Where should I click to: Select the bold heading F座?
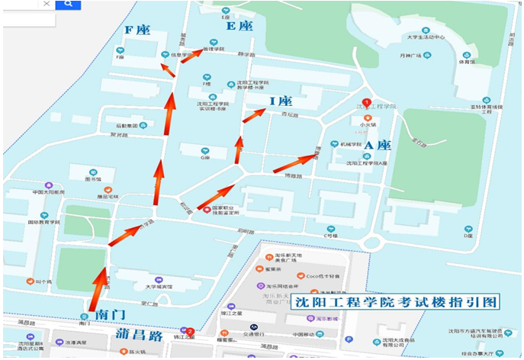tap(137, 30)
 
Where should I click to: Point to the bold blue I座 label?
tap(281, 101)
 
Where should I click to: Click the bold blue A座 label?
tap(377, 145)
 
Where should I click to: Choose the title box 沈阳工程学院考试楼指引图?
tap(397, 302)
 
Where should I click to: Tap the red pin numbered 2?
tap(190, 332)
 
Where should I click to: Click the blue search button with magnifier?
tap(68, 5)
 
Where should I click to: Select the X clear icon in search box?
tap(47, 4)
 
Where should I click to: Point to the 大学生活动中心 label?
tap(425, 36)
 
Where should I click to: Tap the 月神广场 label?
tap(415, 56)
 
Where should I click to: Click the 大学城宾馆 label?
tap(159, 287)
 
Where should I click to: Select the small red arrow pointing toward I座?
tap(254, 115)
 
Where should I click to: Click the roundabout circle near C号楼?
tap(373, 243)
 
